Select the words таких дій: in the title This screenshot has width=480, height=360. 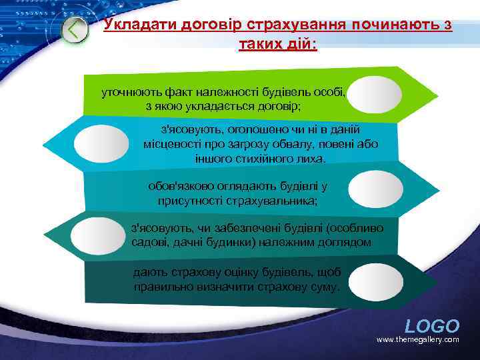click(x=278, y=45)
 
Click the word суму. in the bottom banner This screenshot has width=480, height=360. click(x=325, y=287)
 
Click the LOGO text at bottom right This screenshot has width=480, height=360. click(x=432, y=326)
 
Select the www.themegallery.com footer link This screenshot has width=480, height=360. click(x=417, y=340)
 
